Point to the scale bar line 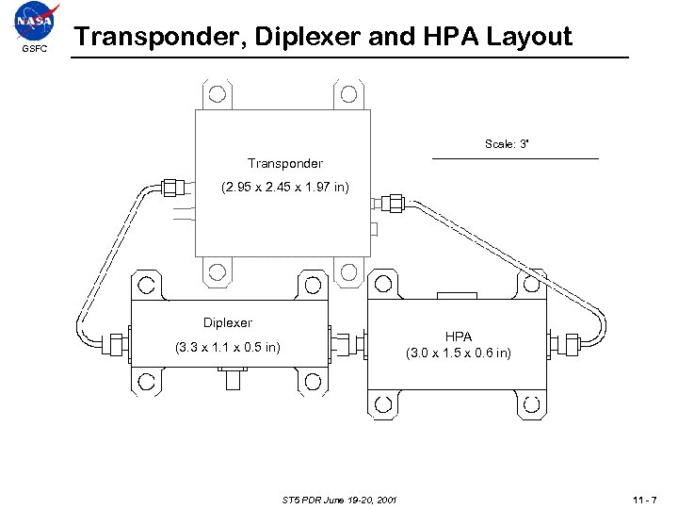(514, 158)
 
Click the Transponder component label (284, 163)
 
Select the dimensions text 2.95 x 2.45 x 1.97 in (284, 188)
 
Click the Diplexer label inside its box (228, 322)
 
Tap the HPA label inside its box (459, 336)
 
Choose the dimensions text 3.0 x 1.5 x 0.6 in (459, 353)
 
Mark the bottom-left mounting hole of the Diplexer (146, 382)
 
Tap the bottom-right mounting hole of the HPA (531, 404)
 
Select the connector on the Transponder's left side (173, 187)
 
